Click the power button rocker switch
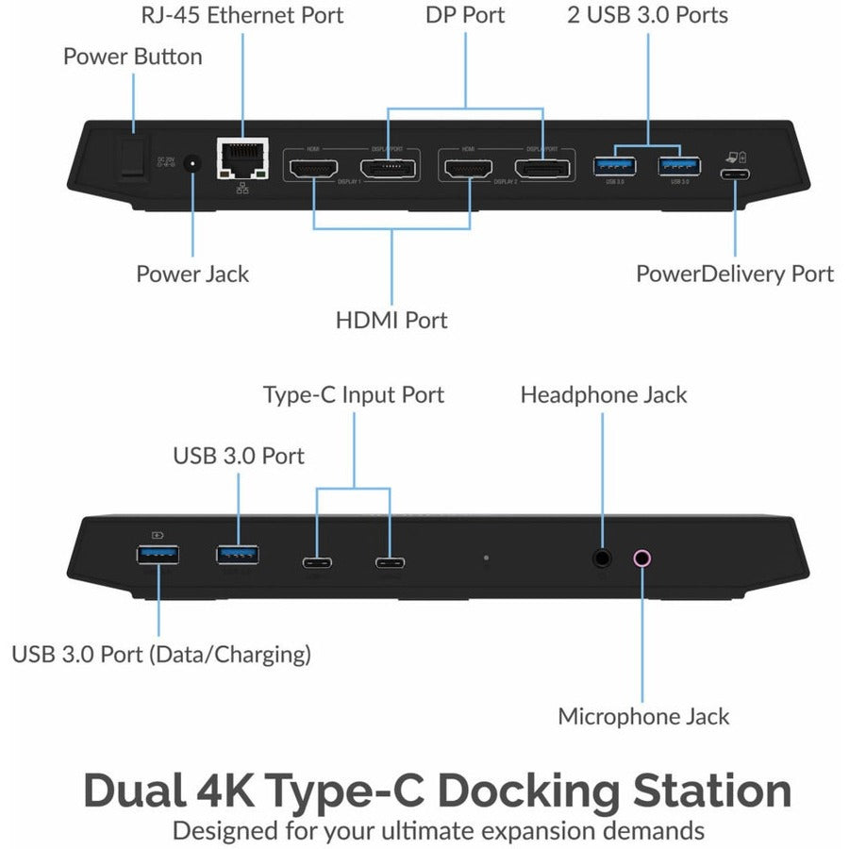pyautogui.click(x=131, y=158)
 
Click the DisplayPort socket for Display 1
pyautogui.click(x=389, y=169)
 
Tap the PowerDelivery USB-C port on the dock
pyautogui.click(x=735, y=174)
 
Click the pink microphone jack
pyautogui.click(x=641, y=558)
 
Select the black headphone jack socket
pyautogui.click(x=603, y=558)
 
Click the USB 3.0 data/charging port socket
pyautogui.click(x=158, y=556)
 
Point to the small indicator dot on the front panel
pyautogui.click(x=486, y=558)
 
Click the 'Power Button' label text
pyautogui.click(x=132, y=57)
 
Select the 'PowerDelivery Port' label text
pyautogui.click(x=735, y=274)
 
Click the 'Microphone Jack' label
pyautogui.click(x=643, y=716)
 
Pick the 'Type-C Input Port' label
pyautogui.click(x=353, y=394)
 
